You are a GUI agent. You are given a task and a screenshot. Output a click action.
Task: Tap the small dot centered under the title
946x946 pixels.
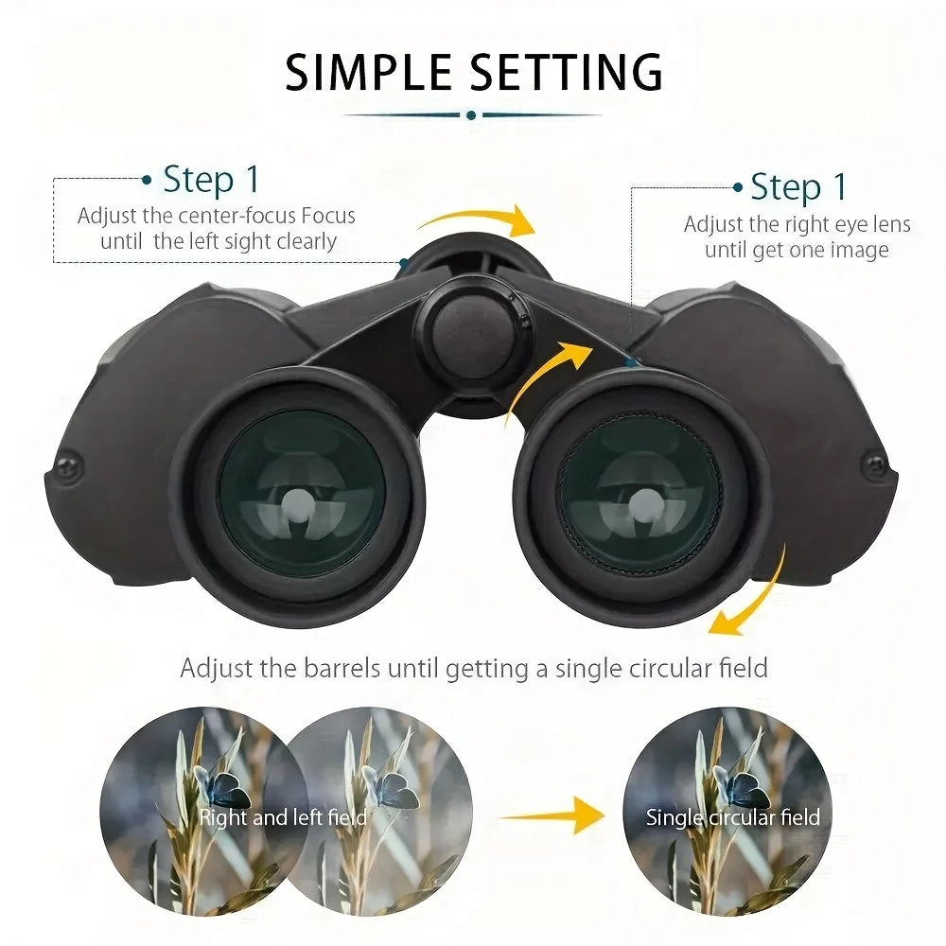coord(471,115)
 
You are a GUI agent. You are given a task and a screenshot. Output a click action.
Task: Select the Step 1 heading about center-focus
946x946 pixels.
coord(210,179)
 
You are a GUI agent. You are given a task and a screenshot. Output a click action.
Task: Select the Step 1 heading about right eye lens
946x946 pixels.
coord(798,186)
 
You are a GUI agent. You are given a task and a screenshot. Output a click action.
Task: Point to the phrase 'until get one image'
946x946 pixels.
coord(797,250)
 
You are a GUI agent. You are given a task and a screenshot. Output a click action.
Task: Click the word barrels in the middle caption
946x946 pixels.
coord(341,668)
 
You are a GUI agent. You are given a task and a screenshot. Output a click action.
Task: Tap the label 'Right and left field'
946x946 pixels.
coord(282,816)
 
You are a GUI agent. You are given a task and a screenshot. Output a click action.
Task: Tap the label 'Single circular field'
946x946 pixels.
coord(732,816)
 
